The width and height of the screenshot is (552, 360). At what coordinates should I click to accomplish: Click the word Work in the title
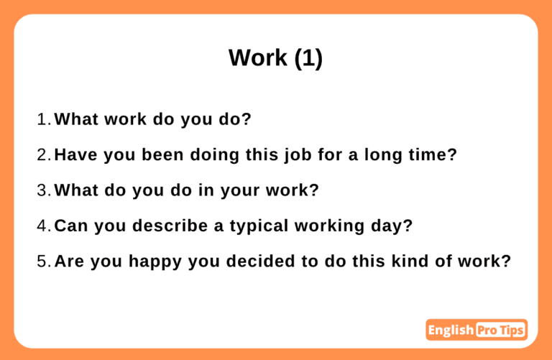click(258, 57)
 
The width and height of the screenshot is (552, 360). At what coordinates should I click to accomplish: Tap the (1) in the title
click(308, 58)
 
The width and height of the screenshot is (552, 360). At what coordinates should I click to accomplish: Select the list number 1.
click(44, 119)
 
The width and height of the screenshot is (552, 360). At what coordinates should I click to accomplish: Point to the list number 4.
click(44, 226)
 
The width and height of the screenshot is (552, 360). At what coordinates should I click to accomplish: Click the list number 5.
click(44, 261)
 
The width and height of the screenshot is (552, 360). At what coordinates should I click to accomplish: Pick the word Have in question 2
click(75, 154)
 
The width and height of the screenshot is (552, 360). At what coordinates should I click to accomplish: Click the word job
click(298, 155)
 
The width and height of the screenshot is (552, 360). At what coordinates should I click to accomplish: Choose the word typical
click(259, 226)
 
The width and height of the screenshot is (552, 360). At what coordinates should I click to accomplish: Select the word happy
click(155, 262)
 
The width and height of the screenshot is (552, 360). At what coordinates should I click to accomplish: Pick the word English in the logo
click(451, 330)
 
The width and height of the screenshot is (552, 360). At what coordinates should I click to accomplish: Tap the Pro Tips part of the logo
click(500, 330)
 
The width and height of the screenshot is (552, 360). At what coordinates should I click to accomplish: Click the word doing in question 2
click(215, 155)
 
